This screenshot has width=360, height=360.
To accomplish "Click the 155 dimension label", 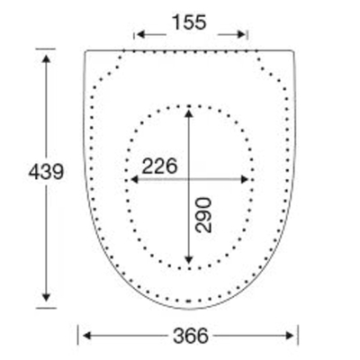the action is pos(189,22).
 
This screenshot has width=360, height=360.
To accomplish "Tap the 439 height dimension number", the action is pos(46,172).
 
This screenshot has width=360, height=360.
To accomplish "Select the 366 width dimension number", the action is pos(191,336).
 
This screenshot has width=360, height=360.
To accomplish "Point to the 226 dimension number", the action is pos(159,166).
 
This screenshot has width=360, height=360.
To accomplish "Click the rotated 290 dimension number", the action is pos(203,215).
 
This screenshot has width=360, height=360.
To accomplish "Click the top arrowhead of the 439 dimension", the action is pos(46,58).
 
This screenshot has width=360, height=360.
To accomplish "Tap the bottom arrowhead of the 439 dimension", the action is pos(46,297).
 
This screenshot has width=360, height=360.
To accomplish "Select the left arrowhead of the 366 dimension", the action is pos(86,336).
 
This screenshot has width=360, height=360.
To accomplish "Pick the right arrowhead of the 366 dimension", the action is pos(290,336).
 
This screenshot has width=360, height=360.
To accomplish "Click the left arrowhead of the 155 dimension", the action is pos(140,35).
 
